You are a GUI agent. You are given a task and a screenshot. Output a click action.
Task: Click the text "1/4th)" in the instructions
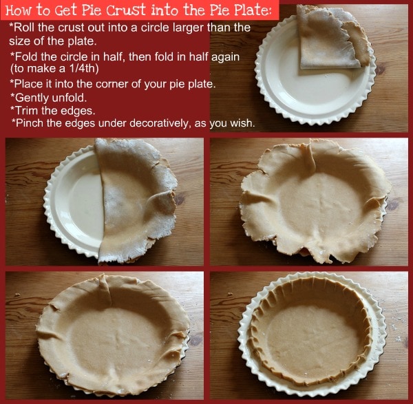pos(84,68)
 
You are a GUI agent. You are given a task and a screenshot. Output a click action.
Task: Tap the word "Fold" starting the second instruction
pos(27,57)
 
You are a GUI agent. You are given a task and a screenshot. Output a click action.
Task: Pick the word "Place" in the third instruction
pos(27,84)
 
